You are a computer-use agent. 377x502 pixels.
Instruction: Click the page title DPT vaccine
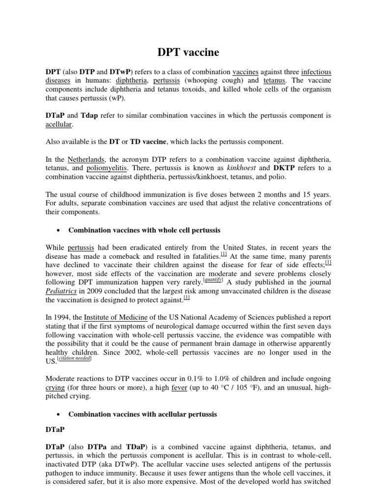pyautogui.click(x=188, y=51)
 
